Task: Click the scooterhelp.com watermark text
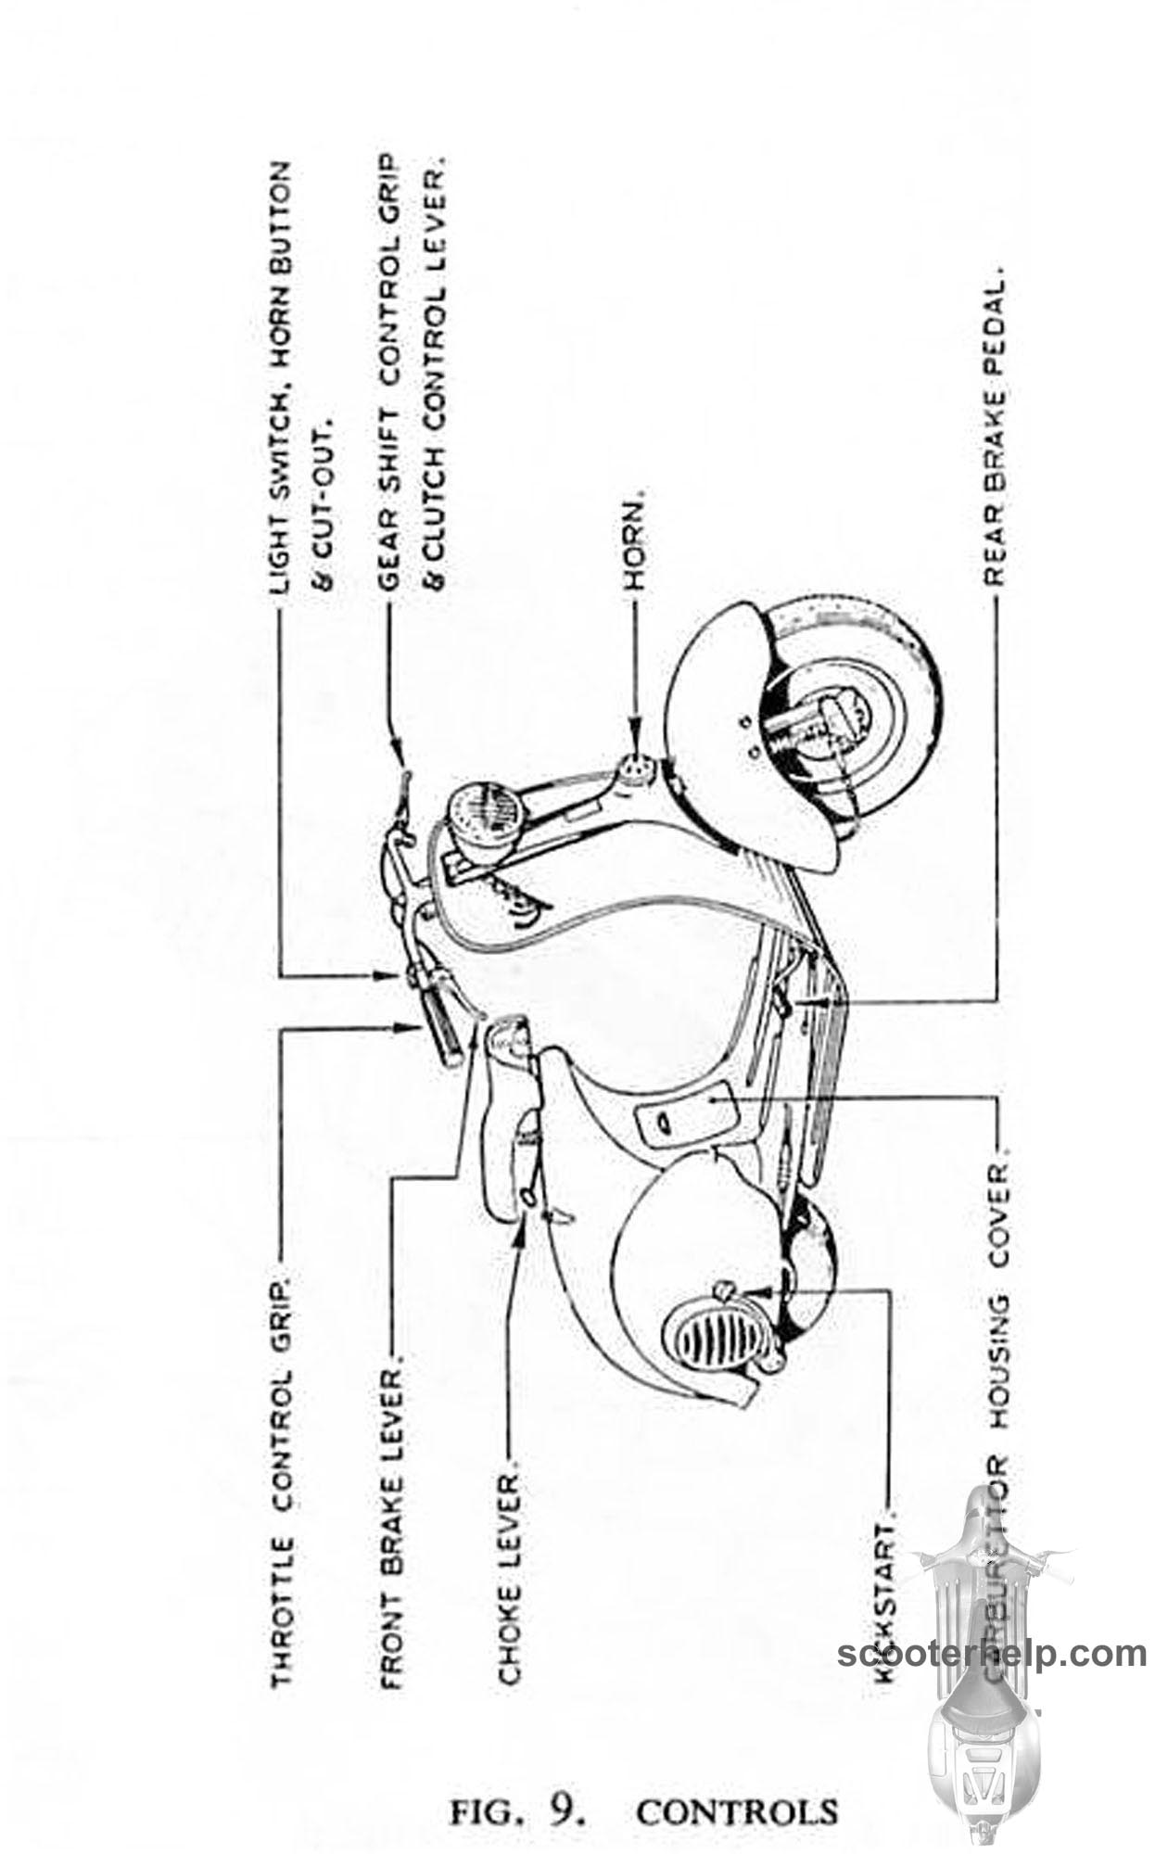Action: (x=992, y=1653)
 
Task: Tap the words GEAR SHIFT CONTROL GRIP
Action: (x=388, y=371)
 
